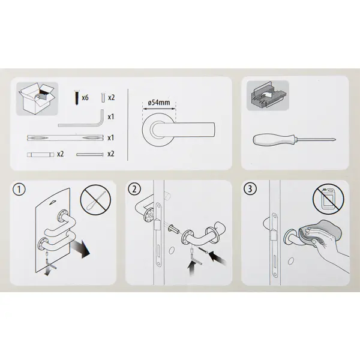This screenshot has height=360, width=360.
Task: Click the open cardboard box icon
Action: point(37,99)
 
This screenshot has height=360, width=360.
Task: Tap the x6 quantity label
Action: point(85,98)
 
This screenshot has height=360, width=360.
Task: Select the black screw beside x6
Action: point(77,98)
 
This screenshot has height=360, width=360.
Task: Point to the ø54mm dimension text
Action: point(159,103)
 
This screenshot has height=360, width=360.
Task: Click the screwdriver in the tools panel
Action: point(295,140)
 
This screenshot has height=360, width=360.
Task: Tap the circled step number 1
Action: point(19,190)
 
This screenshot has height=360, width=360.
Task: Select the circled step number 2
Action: point(134,190)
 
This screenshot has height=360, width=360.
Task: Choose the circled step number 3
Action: point(250,189)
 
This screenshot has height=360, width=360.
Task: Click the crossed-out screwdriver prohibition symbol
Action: point(95,200)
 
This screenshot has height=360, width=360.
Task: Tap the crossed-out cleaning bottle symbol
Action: point(329,199)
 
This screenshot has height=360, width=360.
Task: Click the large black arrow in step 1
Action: point(81,249)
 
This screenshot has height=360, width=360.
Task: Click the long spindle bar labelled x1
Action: point(65,138)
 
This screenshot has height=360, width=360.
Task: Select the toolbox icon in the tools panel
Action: point(268,96)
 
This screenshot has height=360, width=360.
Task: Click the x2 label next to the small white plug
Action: point(112,98)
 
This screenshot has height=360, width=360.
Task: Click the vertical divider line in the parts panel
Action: point(128,125)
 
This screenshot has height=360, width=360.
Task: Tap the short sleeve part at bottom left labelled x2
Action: point(41,155)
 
